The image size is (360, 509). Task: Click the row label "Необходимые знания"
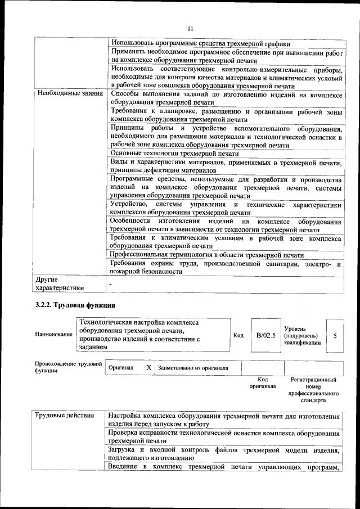(x=70, y=93)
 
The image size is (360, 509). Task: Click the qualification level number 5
(x=335, y=335)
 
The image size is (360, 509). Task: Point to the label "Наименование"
(x=54, y=335)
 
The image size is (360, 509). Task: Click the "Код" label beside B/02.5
(x=238, y=335)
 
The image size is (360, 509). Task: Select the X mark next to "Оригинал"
(x=148, y=367)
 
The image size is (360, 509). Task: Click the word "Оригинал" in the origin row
(x=121, y=368)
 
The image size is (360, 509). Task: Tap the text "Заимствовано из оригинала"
(x=193, y=368)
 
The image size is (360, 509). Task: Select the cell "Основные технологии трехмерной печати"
(x=174, y=153)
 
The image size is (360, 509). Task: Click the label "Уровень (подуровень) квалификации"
(x=303, y=335)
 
